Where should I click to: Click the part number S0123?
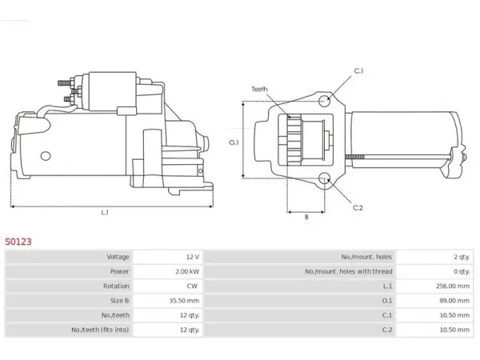click(x=18, y=242)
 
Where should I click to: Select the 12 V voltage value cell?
click(x=193, y=257)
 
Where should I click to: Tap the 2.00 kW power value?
click(x=187, y=271)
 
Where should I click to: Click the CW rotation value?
click(x=192, y=286)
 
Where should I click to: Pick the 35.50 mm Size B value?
click(x=184, y=301)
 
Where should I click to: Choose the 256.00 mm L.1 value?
click(x=453, y=286)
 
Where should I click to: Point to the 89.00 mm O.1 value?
click(x=454, y=301)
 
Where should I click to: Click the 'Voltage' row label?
click(x=118, y=257)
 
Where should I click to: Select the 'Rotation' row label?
click(x=116, y=286)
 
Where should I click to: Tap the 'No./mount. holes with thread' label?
click(x=348, y=271)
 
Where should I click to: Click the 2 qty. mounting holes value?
click(x=462, y=257)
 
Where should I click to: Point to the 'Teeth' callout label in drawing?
click(x=259, y=89)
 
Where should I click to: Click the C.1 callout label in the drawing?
click(x=358, y=70)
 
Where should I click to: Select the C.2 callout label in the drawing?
click(x=358, y=208)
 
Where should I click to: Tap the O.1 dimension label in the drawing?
click(x=234, y=142)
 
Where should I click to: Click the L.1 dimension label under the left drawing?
click(x=105, y=212)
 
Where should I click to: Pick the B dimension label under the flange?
click(x=306, y=217)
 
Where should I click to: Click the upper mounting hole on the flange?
click(x=324, y=101)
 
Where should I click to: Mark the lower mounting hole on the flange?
click(x=324, y=178)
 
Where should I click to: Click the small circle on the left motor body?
click(x=46, y=156)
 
